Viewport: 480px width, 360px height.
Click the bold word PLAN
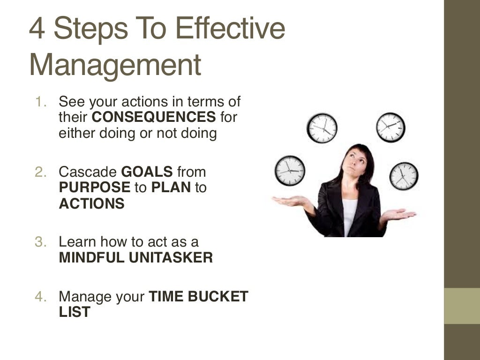(x=171, y=188)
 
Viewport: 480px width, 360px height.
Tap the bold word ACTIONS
(x=92, y=204)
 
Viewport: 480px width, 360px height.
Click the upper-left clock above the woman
(x=322, y=128)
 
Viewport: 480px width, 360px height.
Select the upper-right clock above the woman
(x=390, y=127)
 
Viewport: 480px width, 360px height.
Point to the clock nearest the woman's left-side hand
(x=290, y=170)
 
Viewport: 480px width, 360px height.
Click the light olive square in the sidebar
(x=462, y=306)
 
